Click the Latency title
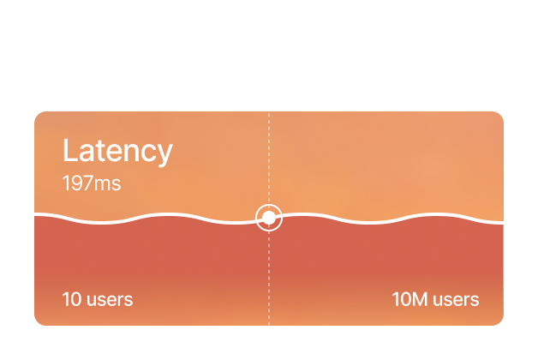coord(117,151)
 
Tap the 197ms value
coord(91,183)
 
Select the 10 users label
coord(98,299)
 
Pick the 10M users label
coord(435,299)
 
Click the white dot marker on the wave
coord(269,218)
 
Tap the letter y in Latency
coord(164,154)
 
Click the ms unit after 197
coord(110,183)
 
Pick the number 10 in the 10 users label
coord(71,299)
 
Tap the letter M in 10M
coord(420,299)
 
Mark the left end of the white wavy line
coord(36,213)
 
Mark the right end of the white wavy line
coord(502,222)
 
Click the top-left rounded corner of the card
coord(38,115)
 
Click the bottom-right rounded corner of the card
coord(499,321)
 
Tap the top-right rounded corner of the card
coord(499,115)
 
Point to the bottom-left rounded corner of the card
coord(38,321)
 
